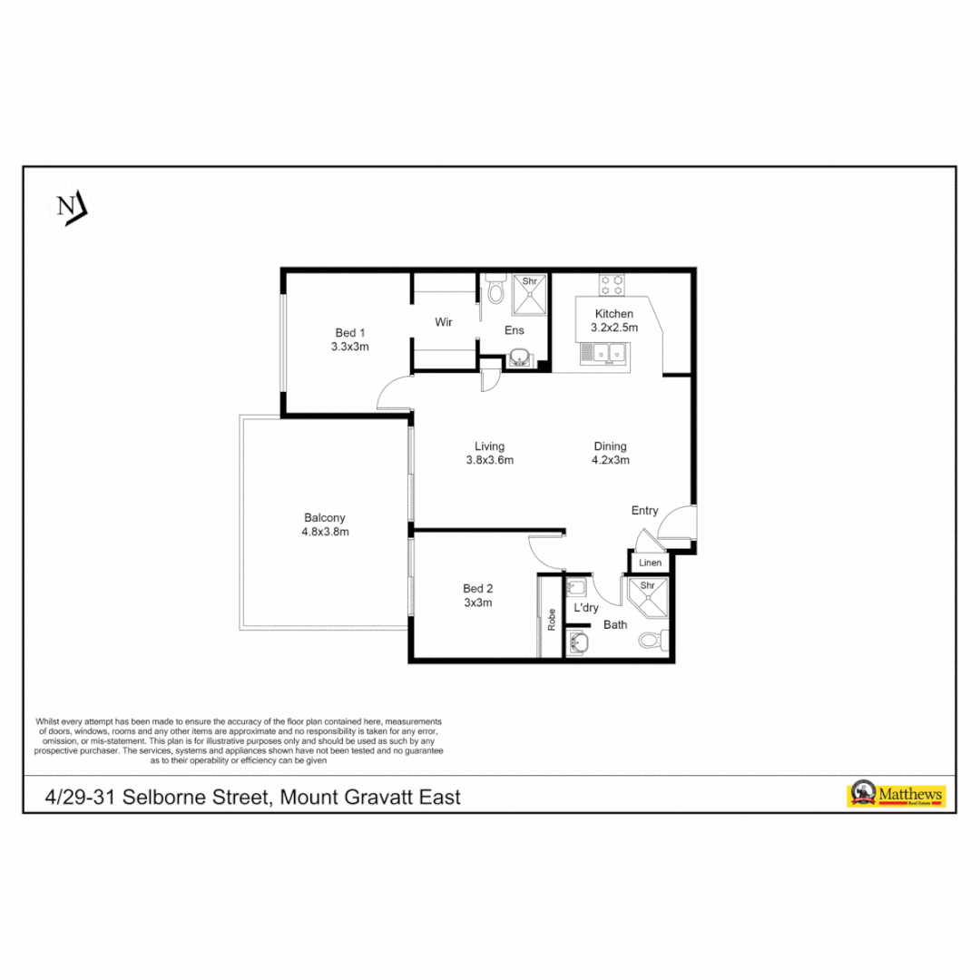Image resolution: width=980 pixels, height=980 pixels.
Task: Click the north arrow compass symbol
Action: click(x=70, y=208)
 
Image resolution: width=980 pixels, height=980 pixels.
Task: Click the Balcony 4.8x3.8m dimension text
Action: click(x=325, y=532)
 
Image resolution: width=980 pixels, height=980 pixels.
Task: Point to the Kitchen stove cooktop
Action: click(x=611, y=285)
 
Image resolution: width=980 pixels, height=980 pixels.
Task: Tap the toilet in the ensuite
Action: click(x=495, y=289)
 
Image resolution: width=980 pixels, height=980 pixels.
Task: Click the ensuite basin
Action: click(x=518, y=358)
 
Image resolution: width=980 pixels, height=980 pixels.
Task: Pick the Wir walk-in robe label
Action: click(x=444, y=322)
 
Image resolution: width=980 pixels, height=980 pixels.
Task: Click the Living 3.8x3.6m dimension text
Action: click(x=489, y=460)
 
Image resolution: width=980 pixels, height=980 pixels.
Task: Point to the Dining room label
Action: click(x=610, y=446)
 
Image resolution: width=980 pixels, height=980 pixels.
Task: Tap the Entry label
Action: click(x=644, y=511)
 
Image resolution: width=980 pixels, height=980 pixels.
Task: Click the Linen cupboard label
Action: click(x=650, y=563)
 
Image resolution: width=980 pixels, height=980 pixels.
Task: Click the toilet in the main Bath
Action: click(x=653, y=641)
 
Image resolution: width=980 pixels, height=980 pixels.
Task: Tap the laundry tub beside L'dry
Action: click(x=577, y=587)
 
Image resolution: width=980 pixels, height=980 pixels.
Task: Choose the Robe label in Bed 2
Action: click(x=550, y=620)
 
